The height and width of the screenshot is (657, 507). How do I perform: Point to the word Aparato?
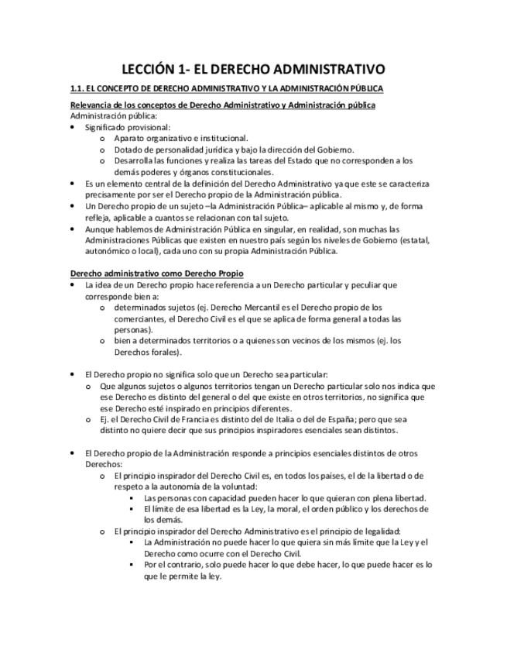129,138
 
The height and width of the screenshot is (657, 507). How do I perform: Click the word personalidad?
176,150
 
